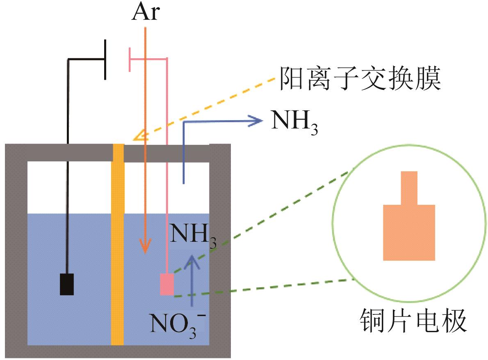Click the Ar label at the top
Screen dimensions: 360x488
(145, 14)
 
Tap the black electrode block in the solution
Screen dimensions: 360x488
(67, 284)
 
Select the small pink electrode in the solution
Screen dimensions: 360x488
(167, 284)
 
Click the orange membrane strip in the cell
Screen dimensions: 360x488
(118, 246)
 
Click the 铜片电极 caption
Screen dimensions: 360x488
(413, 321)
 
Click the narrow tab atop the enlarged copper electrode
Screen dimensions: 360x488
(409, 187)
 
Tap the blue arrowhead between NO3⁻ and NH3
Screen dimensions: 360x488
(191, 260)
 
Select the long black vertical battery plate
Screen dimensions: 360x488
(105, 60)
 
